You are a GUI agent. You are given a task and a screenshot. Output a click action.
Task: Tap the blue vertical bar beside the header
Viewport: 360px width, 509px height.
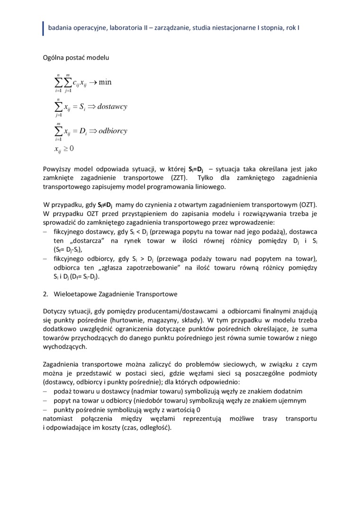43,28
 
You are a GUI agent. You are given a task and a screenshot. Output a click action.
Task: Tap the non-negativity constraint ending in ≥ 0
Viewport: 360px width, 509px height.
64,149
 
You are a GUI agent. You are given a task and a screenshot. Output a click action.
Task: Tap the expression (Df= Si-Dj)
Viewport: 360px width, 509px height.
85,277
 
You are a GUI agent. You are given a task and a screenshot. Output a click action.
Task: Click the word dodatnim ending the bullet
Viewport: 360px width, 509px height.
288,391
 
